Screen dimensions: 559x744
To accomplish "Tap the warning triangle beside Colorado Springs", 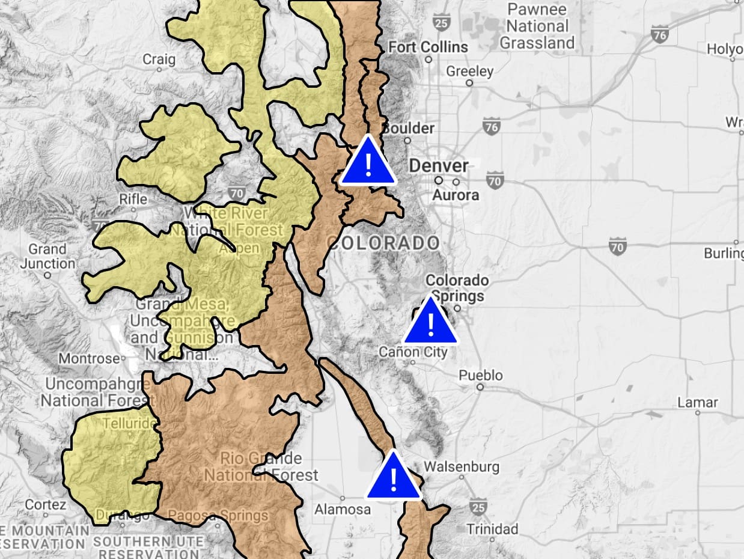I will [x=430, y=323].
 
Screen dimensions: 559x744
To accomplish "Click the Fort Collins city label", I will [x=428, y=47].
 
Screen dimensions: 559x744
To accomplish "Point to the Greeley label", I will [x=469, y=71].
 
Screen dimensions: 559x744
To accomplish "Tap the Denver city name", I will [x=439, y=166].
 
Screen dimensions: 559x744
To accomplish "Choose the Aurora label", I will [x=456, y=195].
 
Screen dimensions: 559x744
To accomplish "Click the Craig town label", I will [x=159, y=59].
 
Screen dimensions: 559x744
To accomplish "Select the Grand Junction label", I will [x=48, y=256].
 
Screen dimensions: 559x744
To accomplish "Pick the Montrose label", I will [x=89, y=358].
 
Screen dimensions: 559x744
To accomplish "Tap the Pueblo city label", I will [x=481, y=375].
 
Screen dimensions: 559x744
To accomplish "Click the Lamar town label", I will [x=698, y=402].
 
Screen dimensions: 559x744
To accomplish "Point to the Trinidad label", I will [x=492, y=529].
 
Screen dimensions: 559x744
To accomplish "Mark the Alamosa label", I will [x=343, y=509].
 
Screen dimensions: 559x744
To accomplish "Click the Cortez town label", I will [x=46, y=504].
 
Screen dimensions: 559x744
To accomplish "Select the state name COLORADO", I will [x=383, y=243].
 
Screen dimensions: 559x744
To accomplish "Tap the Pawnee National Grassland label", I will [x=537, y=26].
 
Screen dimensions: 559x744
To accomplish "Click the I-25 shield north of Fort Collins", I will [x=441, y=23].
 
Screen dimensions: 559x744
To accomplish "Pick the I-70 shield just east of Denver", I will [x=495, y=180].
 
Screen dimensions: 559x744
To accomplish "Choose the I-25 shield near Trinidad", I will [x=478, y=506].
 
